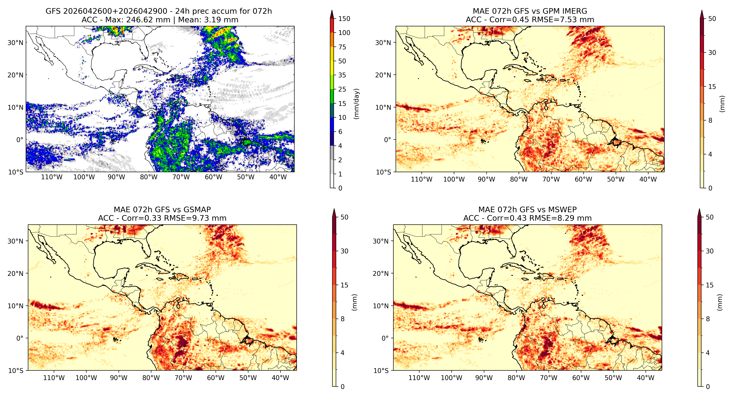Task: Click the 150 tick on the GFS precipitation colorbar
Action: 344,19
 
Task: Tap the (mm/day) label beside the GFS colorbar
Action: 356,104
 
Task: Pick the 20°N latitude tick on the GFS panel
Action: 15,75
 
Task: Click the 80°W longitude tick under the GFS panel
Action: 149,177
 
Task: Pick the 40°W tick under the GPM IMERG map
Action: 648,179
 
